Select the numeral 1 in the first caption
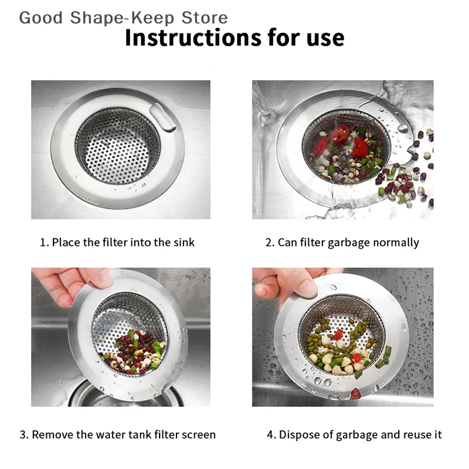43,242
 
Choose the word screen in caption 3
199,435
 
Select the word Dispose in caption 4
298,435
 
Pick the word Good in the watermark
41,18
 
